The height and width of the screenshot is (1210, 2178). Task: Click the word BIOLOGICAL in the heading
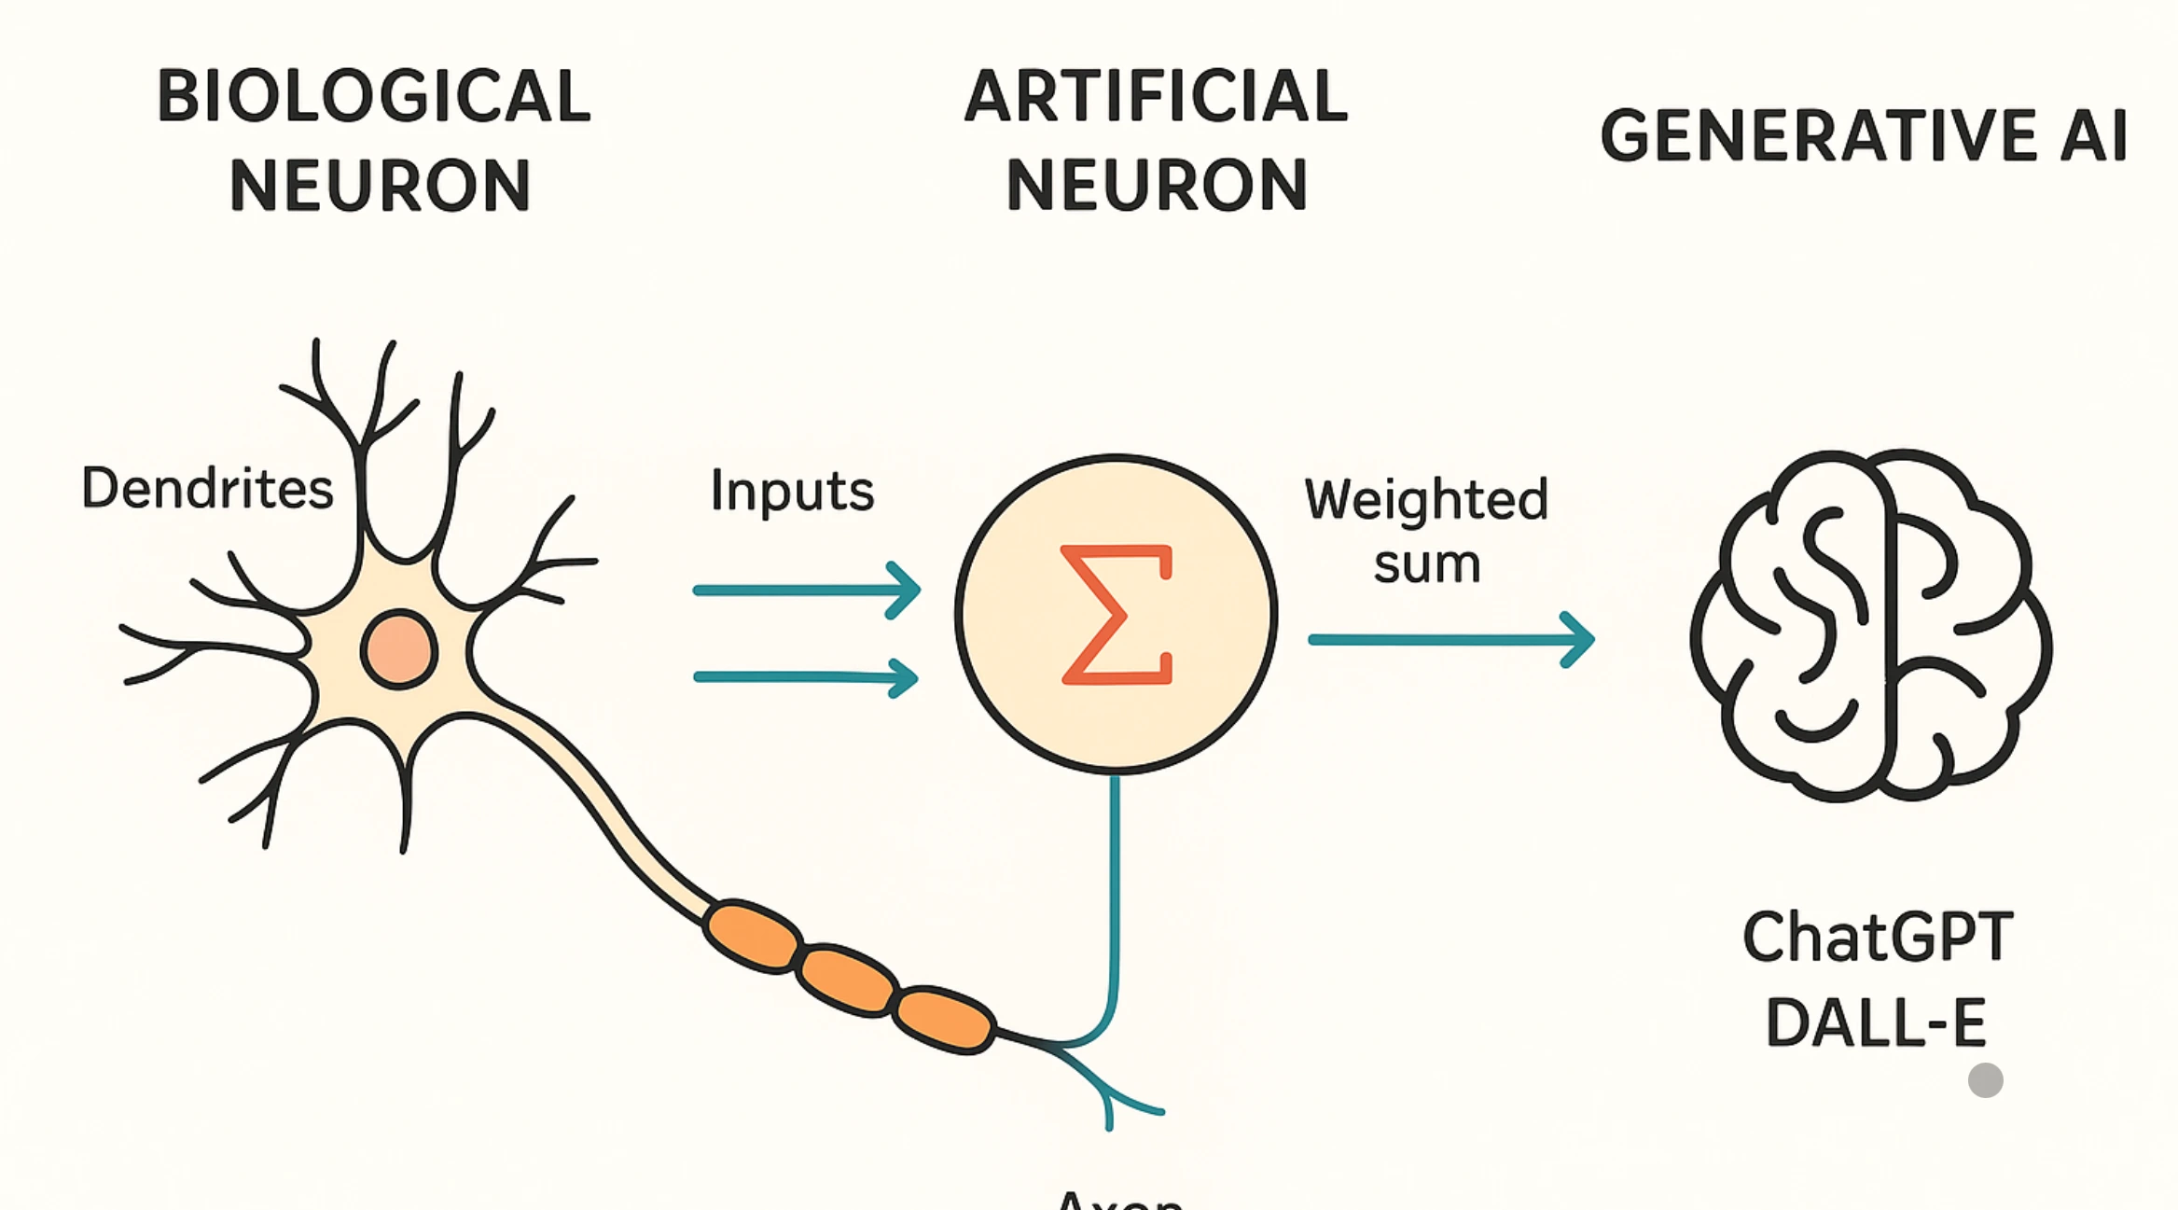click(x=373, y=97)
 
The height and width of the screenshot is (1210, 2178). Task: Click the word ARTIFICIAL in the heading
click(x=1156, y=97)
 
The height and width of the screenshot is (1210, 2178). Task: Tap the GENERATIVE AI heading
click(x=1864, y=136)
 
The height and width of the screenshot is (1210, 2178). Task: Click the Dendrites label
click(x=207, y=489)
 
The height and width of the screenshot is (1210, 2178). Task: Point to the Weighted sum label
click(x=1426, y=530)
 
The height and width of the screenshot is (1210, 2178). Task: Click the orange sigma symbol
click(x=1116, y=616)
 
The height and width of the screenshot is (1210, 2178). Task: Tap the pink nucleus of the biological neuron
click(x=399, y=650)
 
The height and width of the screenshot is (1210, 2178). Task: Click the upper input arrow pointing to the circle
click(x=807, y=590)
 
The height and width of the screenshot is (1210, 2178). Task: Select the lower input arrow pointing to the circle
click(x=807, y=677)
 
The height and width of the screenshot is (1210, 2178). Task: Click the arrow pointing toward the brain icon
click(x=1450, y=640)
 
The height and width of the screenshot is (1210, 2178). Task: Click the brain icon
click(x=1870, y=625)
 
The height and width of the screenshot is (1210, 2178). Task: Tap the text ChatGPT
click(x=1877, y=938)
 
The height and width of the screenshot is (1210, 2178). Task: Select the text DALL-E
click(x=1875, y=1023)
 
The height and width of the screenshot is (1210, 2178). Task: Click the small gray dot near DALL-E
click(x=1985, y=1080)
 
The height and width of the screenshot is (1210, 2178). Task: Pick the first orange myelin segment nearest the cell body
click(x=752, y=936)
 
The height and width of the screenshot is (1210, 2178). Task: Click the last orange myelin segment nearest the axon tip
click(x=943, y=1019)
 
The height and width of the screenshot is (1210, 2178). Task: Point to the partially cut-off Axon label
click(x=1119, y=1200)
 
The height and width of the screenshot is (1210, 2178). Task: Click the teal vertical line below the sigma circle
click(x=1115, y=886)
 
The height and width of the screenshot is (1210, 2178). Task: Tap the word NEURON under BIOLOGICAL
click(x=380, y=186)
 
